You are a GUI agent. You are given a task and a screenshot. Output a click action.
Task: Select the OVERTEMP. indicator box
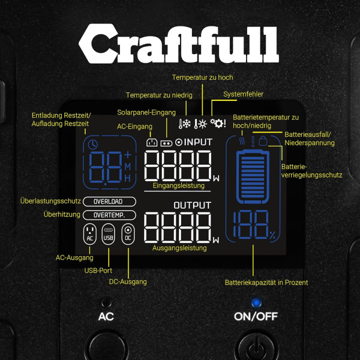(x=109, y=215)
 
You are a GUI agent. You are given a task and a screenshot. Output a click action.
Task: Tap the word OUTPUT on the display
(x=192, y=205)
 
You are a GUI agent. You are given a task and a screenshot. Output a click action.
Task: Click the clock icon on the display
(x=93, y=145)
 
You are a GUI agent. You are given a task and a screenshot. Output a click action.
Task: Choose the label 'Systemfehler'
(x=243, y=94)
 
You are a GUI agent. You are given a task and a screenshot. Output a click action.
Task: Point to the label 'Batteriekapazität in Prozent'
(x=266, y=282)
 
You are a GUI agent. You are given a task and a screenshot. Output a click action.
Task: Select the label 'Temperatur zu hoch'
(x=202, y=77)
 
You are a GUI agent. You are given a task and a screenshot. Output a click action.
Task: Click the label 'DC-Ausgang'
(x=128, y=281)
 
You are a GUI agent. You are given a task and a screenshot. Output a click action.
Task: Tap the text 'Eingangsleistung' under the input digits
(x=179, y=186)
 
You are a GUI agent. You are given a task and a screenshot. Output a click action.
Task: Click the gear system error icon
(x=217, y=124)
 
